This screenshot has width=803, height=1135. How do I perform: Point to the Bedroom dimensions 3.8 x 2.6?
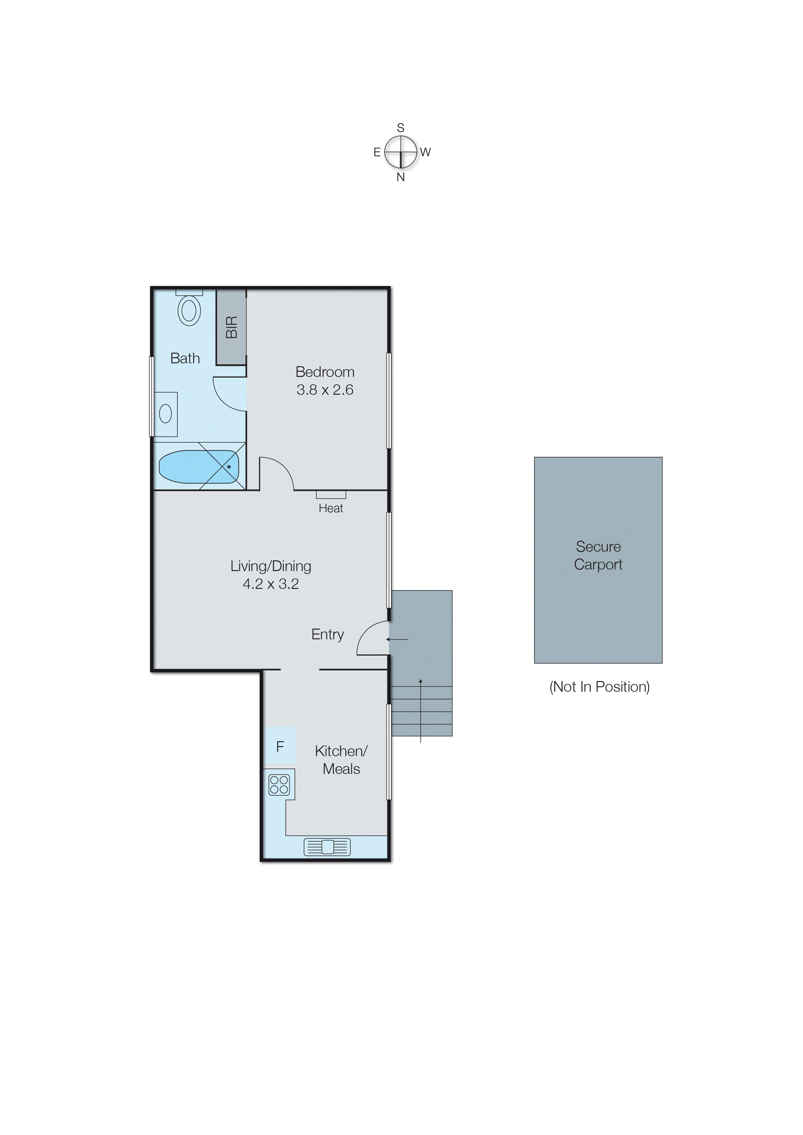click(325, 390)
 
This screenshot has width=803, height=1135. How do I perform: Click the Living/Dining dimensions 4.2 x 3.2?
click(271, 584)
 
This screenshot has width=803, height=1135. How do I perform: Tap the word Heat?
click(330, 508)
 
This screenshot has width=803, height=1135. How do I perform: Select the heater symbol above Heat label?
click(331, 495)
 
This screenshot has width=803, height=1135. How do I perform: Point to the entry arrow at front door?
click(397, 639)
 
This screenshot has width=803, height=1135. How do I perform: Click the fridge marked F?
click(280, 746)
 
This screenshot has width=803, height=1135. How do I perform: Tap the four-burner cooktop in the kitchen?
click(279, 785)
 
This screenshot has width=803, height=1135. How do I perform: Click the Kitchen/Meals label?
click(341, 760)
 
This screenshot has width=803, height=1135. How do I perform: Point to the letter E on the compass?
click(377, 152)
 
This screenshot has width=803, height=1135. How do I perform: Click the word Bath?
click(185, 358)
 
